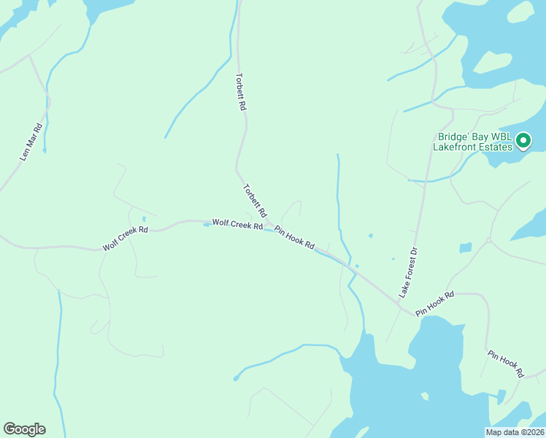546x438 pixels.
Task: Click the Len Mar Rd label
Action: (x=31, y=142)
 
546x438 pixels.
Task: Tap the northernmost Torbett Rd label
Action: (x=242, y=91)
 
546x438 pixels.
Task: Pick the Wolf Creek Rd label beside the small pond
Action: (x=237, y=224)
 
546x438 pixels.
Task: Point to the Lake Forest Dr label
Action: (x=408, y=272)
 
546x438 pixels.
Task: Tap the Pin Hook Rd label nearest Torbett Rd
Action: (x=294, y=237)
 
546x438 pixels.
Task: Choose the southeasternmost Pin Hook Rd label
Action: (x=506, y=364)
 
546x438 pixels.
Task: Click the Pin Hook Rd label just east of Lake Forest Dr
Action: (x=435, y=304)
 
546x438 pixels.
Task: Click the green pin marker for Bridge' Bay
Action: (x=523, y=140)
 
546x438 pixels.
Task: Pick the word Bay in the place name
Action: (x=478, y=136)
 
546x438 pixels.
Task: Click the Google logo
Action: (x=24, y=429)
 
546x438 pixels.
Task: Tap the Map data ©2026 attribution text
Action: (x=515, y=432)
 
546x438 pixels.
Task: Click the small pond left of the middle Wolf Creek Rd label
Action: (x=206, y=225)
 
